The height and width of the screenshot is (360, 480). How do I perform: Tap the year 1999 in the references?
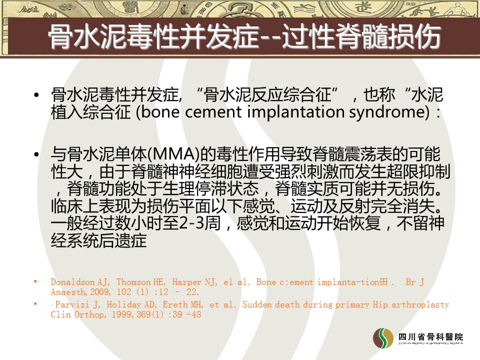point(122,314)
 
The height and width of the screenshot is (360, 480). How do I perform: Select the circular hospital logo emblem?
point(383,338)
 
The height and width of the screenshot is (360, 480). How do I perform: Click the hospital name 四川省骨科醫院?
point(430,337)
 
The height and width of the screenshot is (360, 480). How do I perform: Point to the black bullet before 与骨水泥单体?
point(36,154)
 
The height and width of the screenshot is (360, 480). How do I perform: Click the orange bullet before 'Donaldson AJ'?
point(35,281)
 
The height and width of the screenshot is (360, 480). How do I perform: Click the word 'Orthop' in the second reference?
point(89,314)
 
